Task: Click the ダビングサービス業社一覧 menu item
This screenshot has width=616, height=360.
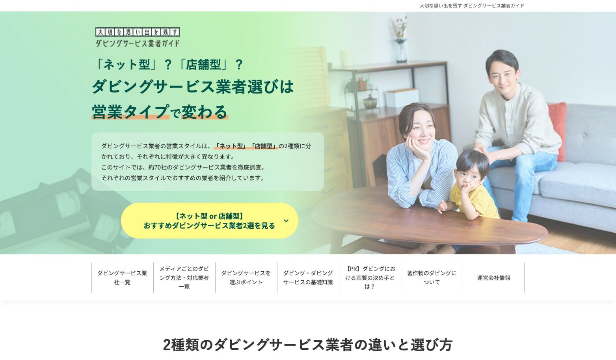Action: point(123,278)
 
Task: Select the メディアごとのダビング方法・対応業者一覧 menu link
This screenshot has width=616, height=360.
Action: point(184,278)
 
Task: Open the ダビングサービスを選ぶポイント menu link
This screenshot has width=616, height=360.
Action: point(246,278)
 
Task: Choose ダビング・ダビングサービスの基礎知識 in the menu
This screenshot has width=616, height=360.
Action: point(308,278)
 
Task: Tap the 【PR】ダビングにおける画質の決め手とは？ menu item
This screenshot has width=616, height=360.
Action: point(370,278)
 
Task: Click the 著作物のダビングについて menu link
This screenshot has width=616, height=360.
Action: point(432,278)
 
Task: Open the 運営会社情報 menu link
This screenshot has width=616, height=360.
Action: point(493,278)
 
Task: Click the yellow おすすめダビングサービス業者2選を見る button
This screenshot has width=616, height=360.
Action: point(210,221)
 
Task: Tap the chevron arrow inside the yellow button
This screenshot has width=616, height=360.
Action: point(286,221)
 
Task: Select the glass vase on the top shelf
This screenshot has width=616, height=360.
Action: point(401,50)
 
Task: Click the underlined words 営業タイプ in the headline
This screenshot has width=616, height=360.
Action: point(130,112)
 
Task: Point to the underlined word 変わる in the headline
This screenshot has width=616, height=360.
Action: point(205,112)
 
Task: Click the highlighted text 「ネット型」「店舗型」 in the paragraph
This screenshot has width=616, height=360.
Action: point(246,146)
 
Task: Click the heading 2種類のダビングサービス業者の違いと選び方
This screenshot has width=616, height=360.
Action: point(308,345)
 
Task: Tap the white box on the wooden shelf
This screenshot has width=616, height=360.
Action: point(402,98)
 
